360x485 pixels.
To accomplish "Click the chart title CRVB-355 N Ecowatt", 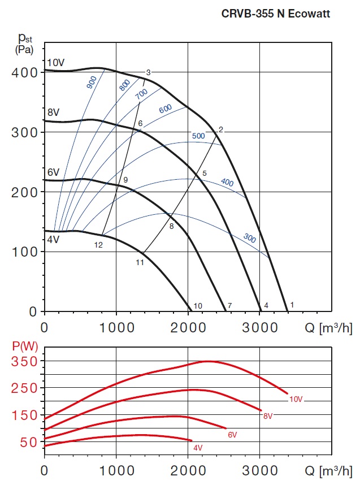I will pyautogui.click(x=275, y=14).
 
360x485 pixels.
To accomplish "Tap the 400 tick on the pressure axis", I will pyautogui.click(x=24, y=72).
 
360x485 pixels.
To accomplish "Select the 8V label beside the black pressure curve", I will pyautogui.click(x=53, y=112).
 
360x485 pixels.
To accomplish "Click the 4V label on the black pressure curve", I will pyautogui.click(x=53, y=239).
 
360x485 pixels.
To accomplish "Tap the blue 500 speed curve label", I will pyautogui.click(x=198, y=136).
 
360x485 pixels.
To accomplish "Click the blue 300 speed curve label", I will pyautogui.click(x=249, y=238).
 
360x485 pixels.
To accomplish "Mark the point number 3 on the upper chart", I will pyautogui.click(x=148, y=72).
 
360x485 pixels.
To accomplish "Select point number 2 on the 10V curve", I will pyautogui.click(x=221, y=129).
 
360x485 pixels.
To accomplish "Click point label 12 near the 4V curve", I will pyautogui.click(x=98, y=245).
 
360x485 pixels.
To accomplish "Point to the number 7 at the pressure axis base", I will pyautogui.click(x=229, y=306).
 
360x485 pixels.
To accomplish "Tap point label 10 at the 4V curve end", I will pyautogui.click(x=198, y=306).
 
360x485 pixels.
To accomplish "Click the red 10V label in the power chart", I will pyautogui.click(x=296, y=399).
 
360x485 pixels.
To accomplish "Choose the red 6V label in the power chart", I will pyautogui.click(x=232, y=435).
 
